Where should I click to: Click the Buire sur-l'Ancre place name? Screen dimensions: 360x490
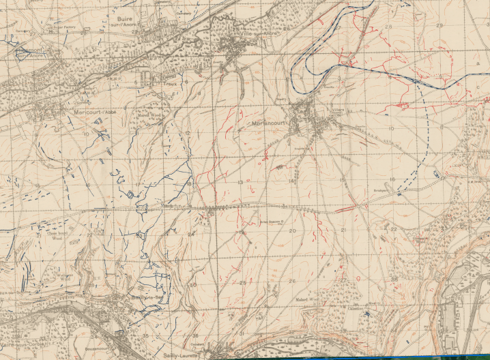(x=125, y=14)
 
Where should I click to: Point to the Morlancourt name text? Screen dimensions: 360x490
(x=271, y=123)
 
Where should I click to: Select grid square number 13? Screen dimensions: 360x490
(x=240, y=182)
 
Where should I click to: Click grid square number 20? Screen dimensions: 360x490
(x=293, y=232)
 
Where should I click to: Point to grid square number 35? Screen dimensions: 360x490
(x=145, y=335)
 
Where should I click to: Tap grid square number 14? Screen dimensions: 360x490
(x=291, y=181)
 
